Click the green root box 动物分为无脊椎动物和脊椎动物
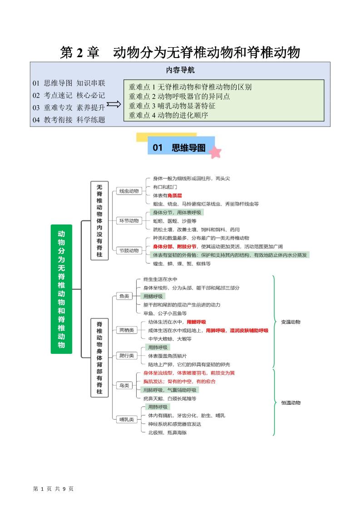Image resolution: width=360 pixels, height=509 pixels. coord(61,289)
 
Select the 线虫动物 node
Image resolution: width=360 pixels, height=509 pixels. coord(129,191)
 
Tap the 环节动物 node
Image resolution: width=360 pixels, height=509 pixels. coord(129,221)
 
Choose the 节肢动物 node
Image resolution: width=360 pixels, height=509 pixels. coord(129,250)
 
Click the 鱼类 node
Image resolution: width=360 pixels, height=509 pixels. coord(123,296)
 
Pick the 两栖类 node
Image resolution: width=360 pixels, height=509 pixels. coord(126,330)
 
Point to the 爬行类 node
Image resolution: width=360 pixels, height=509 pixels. coord(126,356)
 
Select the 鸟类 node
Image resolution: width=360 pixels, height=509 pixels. coord(123,386)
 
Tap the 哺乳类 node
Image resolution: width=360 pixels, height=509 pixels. coord(126,420)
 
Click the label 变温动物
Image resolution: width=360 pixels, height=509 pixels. coord(291,322)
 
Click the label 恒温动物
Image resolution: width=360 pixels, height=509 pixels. coord(291,402)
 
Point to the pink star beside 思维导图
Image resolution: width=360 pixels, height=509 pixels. coord(215,152)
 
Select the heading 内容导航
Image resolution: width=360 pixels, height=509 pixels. coord(180,70)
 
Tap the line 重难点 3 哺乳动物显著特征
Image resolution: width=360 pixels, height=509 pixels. coord(172,106)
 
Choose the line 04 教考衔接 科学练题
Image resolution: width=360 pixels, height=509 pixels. coord(69,120)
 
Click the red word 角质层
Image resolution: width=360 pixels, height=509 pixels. coord(175,196)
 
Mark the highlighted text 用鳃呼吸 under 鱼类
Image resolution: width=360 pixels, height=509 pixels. coord(153,296)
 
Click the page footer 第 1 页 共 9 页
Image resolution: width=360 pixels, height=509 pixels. coord(53,489)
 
